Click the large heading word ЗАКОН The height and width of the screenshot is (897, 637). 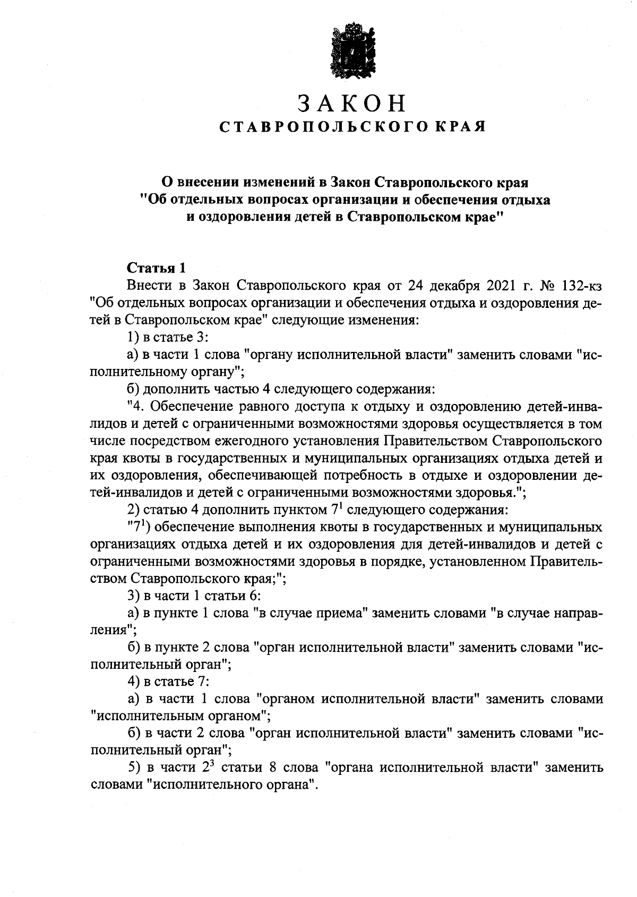pyautogui.click(x=352, y=103)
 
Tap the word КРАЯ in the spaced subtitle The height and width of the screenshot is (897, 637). pyautogui.click(x=460, y=127)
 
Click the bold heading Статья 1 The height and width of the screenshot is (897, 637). pyautogui.click(x=155, y=268)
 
